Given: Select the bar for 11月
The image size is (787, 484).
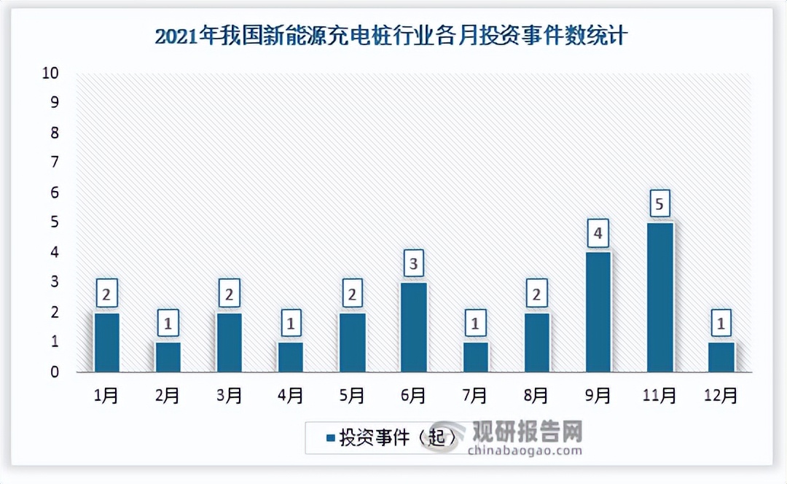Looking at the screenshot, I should click(659, 297).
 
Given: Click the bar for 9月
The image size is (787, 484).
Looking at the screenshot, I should click(598, 312).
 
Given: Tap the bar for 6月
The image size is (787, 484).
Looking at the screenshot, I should click(413, 327).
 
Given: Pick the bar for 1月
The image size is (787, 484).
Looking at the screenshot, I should click(106, 343).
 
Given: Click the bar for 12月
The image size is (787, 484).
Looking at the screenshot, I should click(721, 357).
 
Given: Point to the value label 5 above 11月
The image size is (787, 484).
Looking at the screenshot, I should click(659, 204).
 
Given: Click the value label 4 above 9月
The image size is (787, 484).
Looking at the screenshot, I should click(598, 234).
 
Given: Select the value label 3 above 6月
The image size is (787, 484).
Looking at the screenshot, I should click(413, 264).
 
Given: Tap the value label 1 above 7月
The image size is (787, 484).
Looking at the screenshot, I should click(475, 324).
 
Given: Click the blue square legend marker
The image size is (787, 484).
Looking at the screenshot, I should click(331, 438).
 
